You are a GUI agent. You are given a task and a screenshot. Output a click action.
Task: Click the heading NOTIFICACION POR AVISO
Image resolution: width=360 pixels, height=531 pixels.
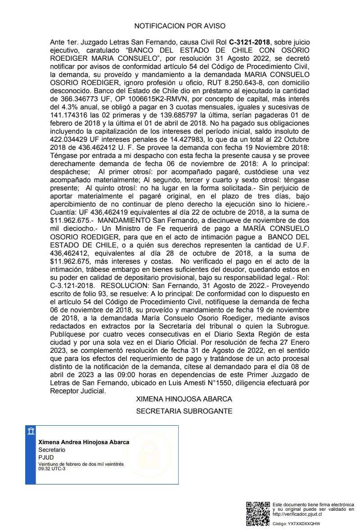(x=180, y=26)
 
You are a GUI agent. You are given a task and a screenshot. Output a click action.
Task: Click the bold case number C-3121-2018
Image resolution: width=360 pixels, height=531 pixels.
(x=249, y=42)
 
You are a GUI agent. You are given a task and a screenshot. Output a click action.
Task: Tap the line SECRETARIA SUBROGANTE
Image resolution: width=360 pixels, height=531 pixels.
(x=184, y=411)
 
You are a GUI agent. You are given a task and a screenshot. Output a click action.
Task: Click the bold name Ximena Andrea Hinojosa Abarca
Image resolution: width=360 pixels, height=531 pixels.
(x=84, y=442)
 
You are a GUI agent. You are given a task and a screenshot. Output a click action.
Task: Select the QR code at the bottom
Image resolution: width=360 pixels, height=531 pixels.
(x=258, y=513)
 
